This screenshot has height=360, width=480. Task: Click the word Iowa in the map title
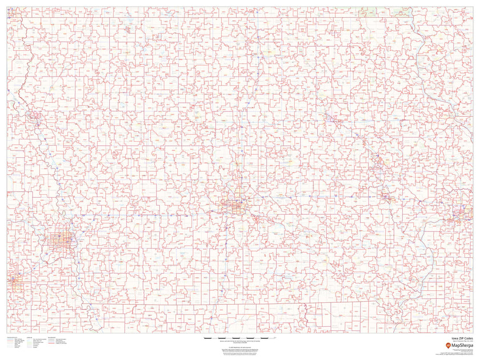click(454, 338)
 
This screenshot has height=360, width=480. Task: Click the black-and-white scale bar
click(239, 338)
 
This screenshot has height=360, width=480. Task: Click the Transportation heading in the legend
click(11, 338)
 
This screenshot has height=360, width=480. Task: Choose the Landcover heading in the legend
click(29, 338)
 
